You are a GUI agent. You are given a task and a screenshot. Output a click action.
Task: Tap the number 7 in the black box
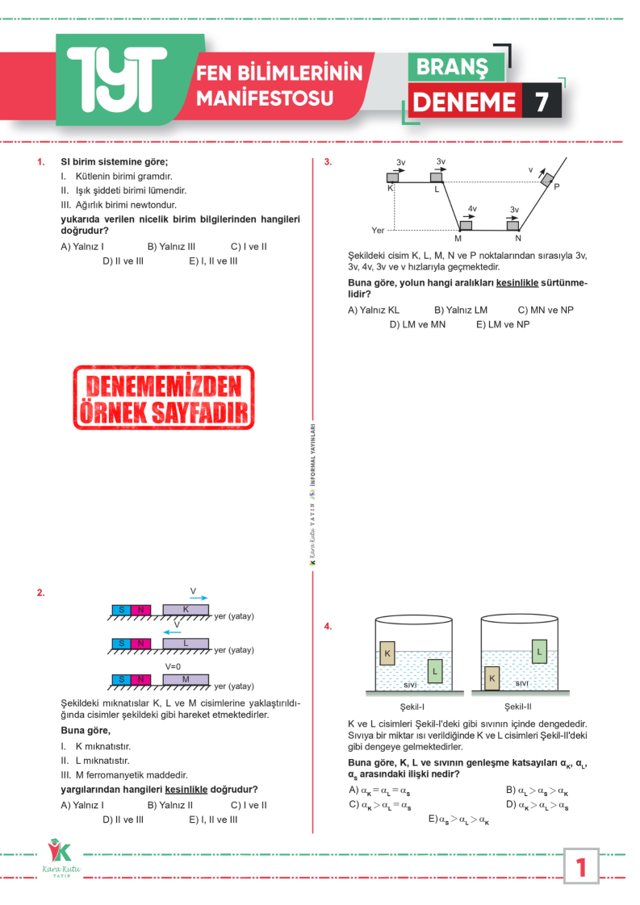(x=541, y=102)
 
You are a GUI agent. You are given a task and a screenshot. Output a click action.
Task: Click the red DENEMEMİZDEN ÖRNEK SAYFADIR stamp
(x=164, y=398)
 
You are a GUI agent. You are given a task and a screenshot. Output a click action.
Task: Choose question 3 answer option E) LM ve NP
(x=502, y=324)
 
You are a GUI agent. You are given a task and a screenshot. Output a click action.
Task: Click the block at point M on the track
(x=466, y=226)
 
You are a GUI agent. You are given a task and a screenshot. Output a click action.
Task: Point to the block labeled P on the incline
(x=547, y=179)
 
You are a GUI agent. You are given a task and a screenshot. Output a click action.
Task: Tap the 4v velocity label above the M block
(x=472, y=209)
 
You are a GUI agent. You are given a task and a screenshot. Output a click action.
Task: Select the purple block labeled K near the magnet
(x=186, y=610)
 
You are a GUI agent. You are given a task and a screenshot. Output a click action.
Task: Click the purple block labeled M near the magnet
(x=186, y=680)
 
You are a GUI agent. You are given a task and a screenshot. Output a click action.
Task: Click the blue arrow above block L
(x=172, y=633)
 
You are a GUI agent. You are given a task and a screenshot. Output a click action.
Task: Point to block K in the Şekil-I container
(x=387, y=653)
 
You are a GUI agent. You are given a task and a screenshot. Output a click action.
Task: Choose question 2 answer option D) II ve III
(x=123, y=820)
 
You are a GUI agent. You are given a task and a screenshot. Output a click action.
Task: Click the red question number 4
(x=328, y=626)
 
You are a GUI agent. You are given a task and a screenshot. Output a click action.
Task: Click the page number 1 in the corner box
(x=581, y=867)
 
